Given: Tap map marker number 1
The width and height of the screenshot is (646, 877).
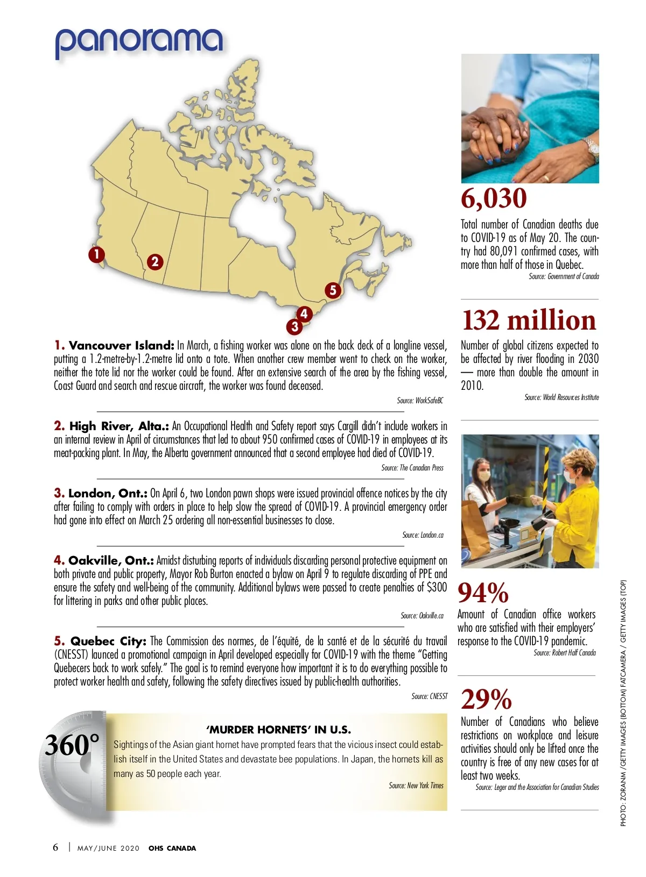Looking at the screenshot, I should [97, 254].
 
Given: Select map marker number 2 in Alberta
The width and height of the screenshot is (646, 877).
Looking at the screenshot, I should [155, 262].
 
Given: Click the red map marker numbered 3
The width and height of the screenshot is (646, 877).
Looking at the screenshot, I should [294, 326].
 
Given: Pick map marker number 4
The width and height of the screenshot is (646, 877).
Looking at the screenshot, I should [304, 313].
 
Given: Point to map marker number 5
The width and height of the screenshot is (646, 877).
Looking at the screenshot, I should [333, 290].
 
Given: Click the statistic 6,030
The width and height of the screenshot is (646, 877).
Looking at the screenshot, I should [494, 198].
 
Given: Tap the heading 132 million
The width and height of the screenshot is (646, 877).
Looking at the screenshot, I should [529, 320].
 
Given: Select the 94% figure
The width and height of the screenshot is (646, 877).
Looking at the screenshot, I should [483, 593].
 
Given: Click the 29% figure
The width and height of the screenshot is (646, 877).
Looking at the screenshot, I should [486, 700].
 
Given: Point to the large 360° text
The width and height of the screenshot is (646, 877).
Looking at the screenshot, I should [72, 745].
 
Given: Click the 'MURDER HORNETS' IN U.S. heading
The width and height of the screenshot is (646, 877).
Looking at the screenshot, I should [278, 730].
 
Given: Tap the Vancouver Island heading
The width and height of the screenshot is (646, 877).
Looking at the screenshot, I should [121, 346].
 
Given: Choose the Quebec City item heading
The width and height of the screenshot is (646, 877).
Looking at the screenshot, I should [108, 641].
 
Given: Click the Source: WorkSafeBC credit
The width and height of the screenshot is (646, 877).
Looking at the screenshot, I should [420, 401].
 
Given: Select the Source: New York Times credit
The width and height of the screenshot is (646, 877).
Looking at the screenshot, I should [416, 786].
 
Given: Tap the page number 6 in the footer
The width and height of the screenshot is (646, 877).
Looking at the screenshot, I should [55, 847].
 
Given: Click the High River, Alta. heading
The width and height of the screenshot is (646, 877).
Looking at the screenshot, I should [118, 426].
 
